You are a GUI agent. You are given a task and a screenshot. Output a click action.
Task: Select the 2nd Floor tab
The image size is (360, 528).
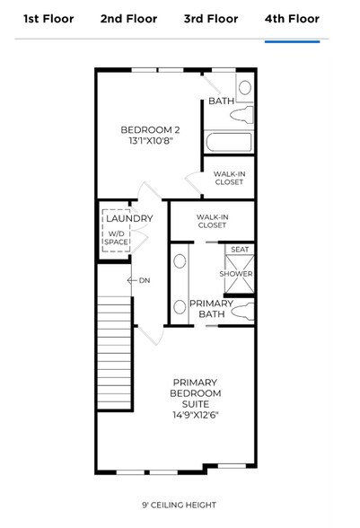tap(128, 19)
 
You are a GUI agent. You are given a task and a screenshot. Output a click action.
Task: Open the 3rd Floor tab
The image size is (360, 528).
tap(211, 19)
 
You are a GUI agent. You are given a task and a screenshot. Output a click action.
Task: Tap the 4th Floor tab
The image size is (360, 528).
tap(292, 19)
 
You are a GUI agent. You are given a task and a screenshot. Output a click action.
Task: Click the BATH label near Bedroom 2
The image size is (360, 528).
tap(221, 101)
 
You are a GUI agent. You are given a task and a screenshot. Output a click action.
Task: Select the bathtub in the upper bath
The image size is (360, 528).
tap(228, 142)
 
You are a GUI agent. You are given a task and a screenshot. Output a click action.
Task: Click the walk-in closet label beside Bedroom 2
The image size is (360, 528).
tap(229, 179)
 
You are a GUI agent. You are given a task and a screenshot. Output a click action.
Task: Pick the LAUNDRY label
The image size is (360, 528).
tap(129, 218)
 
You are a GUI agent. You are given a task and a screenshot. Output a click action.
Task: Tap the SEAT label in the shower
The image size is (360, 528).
tap(240, 250)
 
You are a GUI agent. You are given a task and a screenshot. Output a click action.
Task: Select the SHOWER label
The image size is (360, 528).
tap(236, 274)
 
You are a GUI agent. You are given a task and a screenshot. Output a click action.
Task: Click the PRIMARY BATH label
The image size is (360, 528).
tap(211, 309)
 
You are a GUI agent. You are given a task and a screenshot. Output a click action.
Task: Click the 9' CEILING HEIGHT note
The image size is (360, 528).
tap(179, 506)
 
